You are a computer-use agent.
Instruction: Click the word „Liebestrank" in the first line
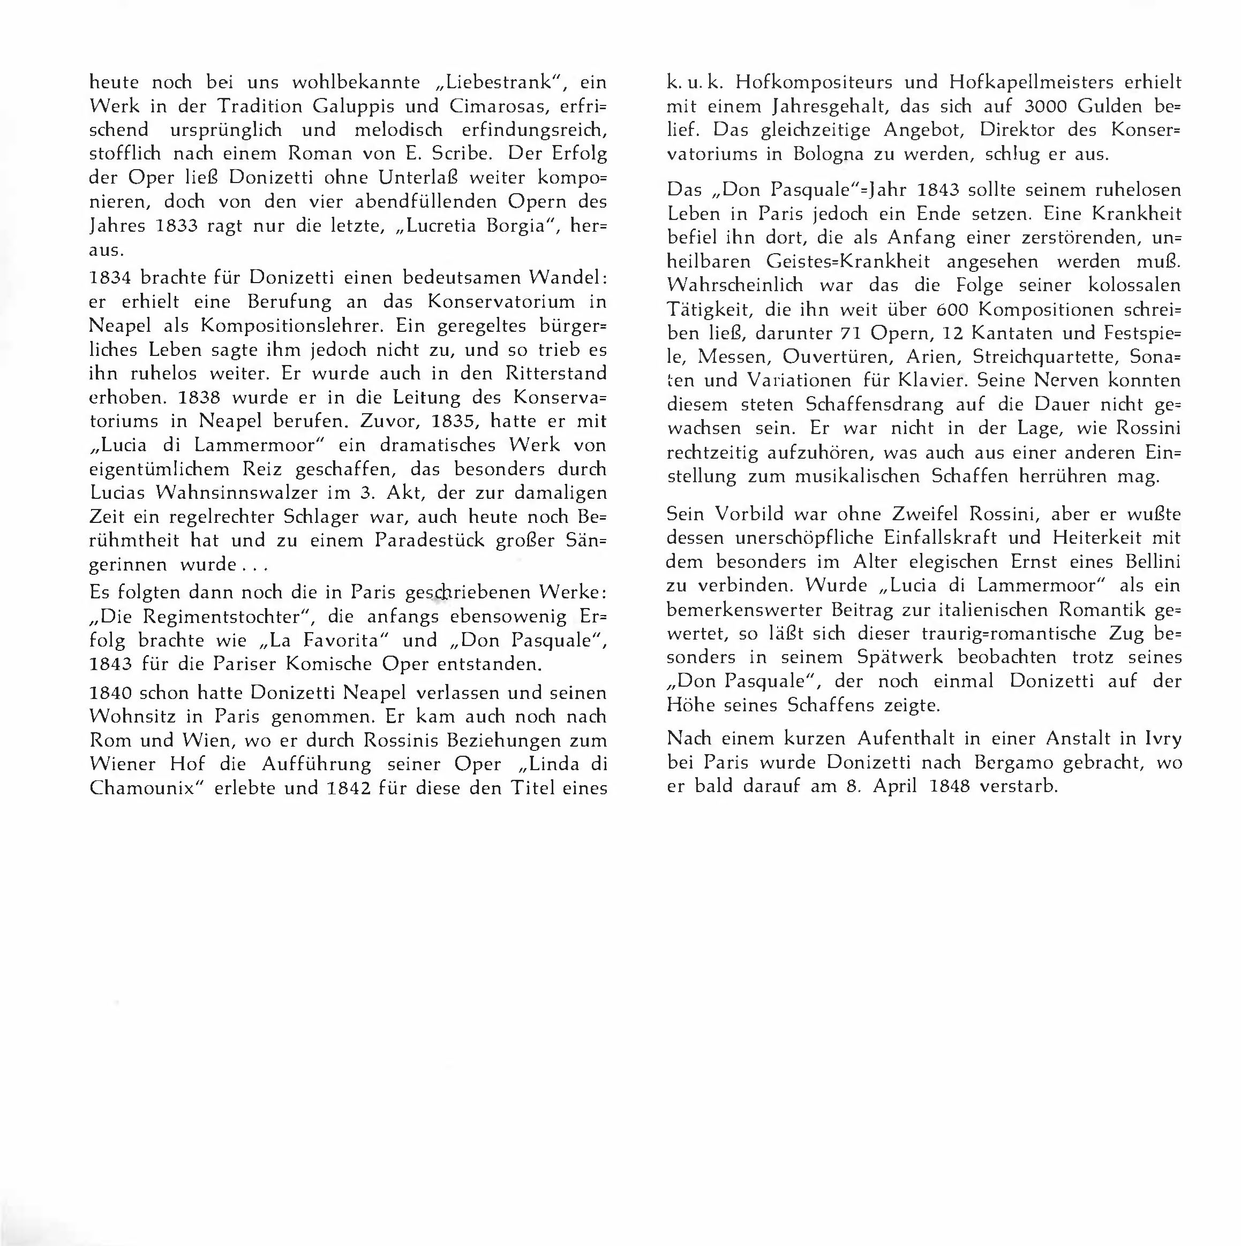[498, 82]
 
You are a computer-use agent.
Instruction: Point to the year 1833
[177, 226]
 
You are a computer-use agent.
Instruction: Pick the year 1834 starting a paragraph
[110, 277]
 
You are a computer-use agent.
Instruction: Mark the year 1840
[110, 693]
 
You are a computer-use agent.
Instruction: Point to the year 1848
[949, 786]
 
